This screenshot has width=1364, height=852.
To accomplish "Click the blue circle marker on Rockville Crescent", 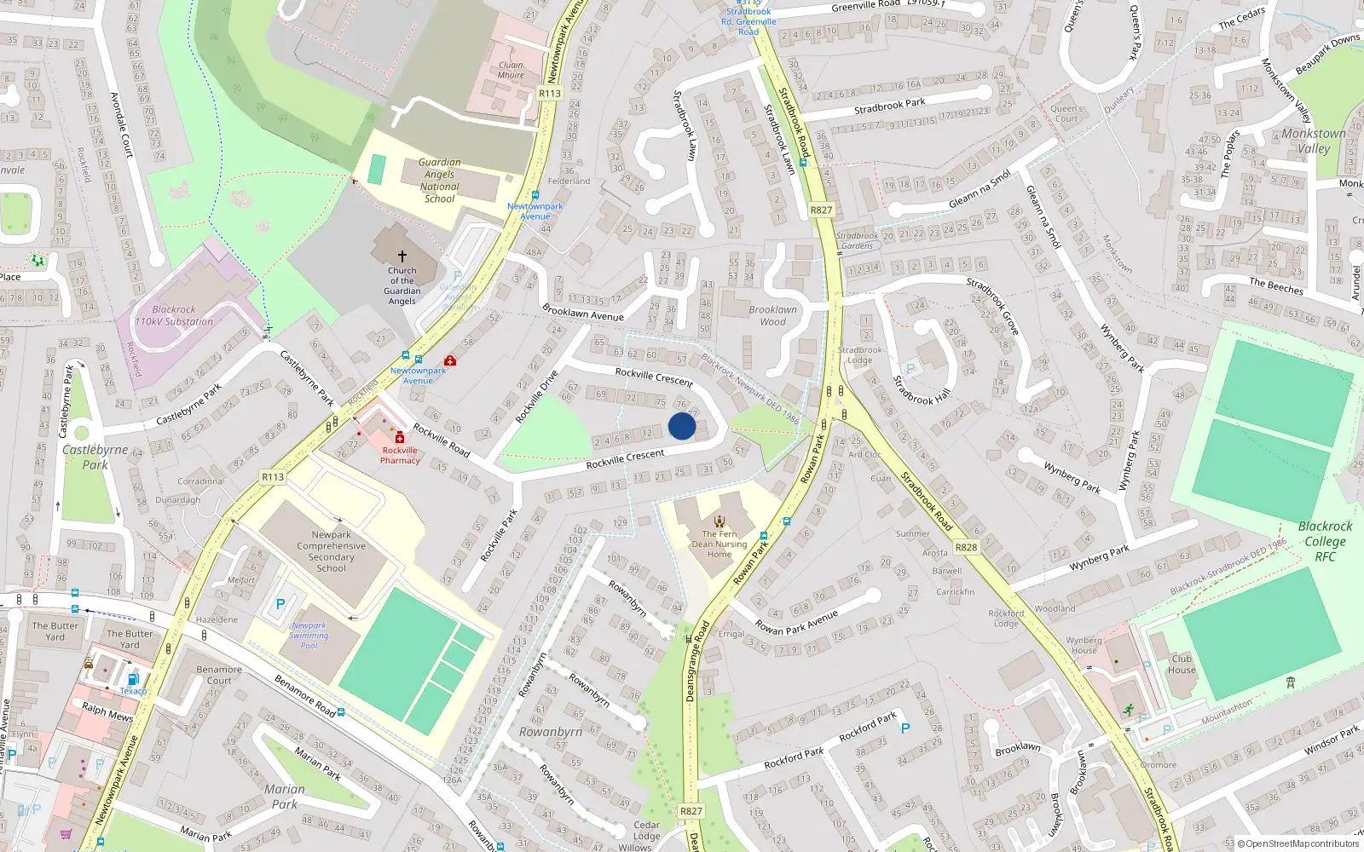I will coord(682,426).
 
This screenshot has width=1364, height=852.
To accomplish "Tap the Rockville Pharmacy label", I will coord(400,455).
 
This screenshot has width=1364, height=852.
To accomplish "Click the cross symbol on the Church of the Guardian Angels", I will coord(402,256).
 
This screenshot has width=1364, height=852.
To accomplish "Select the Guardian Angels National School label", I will coord(440,180).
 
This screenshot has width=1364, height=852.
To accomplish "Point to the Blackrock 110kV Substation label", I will coord(174,315).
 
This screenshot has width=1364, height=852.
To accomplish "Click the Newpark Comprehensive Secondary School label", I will coord(331,551).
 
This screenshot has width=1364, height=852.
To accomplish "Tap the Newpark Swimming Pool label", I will coord(309,635).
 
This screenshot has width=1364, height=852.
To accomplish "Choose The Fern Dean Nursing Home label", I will coord(720,544).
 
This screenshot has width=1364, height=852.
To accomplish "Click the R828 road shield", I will coord(966,547).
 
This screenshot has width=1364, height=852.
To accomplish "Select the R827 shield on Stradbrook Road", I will coord(821,210).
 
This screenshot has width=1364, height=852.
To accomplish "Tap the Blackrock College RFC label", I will coord(1325,541).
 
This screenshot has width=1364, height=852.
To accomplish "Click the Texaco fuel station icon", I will coord(133,679).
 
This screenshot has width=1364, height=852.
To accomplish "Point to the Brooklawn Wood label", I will coord(772,315).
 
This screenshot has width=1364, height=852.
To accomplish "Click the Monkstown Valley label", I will coord(1314,141).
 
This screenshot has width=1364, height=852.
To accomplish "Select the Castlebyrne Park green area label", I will coord(95,457).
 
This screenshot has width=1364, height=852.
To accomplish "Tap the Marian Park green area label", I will coord(284,796).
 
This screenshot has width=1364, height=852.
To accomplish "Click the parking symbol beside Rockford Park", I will coord(905,728).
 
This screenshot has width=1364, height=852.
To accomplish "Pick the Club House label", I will coord(1182,664).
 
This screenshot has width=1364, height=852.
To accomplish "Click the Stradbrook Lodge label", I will coord(860,354).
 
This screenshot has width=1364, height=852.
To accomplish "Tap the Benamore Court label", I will coord(219,675).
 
